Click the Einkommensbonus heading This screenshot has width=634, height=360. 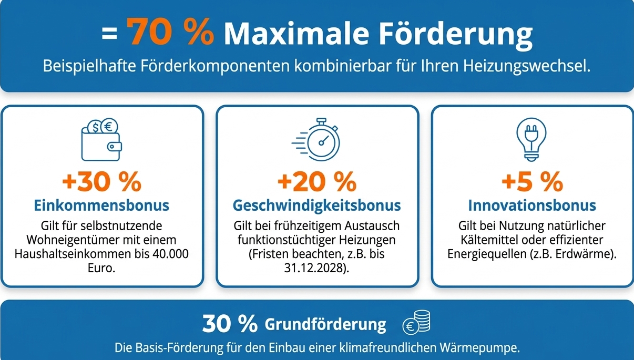(101, 205)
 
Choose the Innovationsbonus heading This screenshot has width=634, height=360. (532, 205)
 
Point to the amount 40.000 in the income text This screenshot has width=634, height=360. (169, 254)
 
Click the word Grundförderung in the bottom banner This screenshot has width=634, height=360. (325, 324)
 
